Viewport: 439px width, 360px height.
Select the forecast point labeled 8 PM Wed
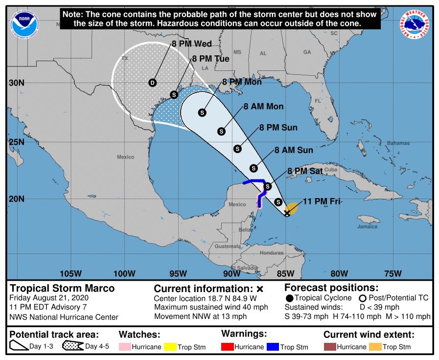152,82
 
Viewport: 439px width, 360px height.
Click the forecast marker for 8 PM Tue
174,94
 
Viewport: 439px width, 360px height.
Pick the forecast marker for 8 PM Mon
202,112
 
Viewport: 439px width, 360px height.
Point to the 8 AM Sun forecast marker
254,168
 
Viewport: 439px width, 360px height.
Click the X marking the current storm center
287,213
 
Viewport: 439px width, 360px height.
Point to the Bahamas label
398,143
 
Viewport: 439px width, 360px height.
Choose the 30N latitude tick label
17,83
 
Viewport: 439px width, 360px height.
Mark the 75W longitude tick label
393,273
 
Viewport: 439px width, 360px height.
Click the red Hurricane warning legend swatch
229,347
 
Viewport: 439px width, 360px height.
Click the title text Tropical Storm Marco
62,288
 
